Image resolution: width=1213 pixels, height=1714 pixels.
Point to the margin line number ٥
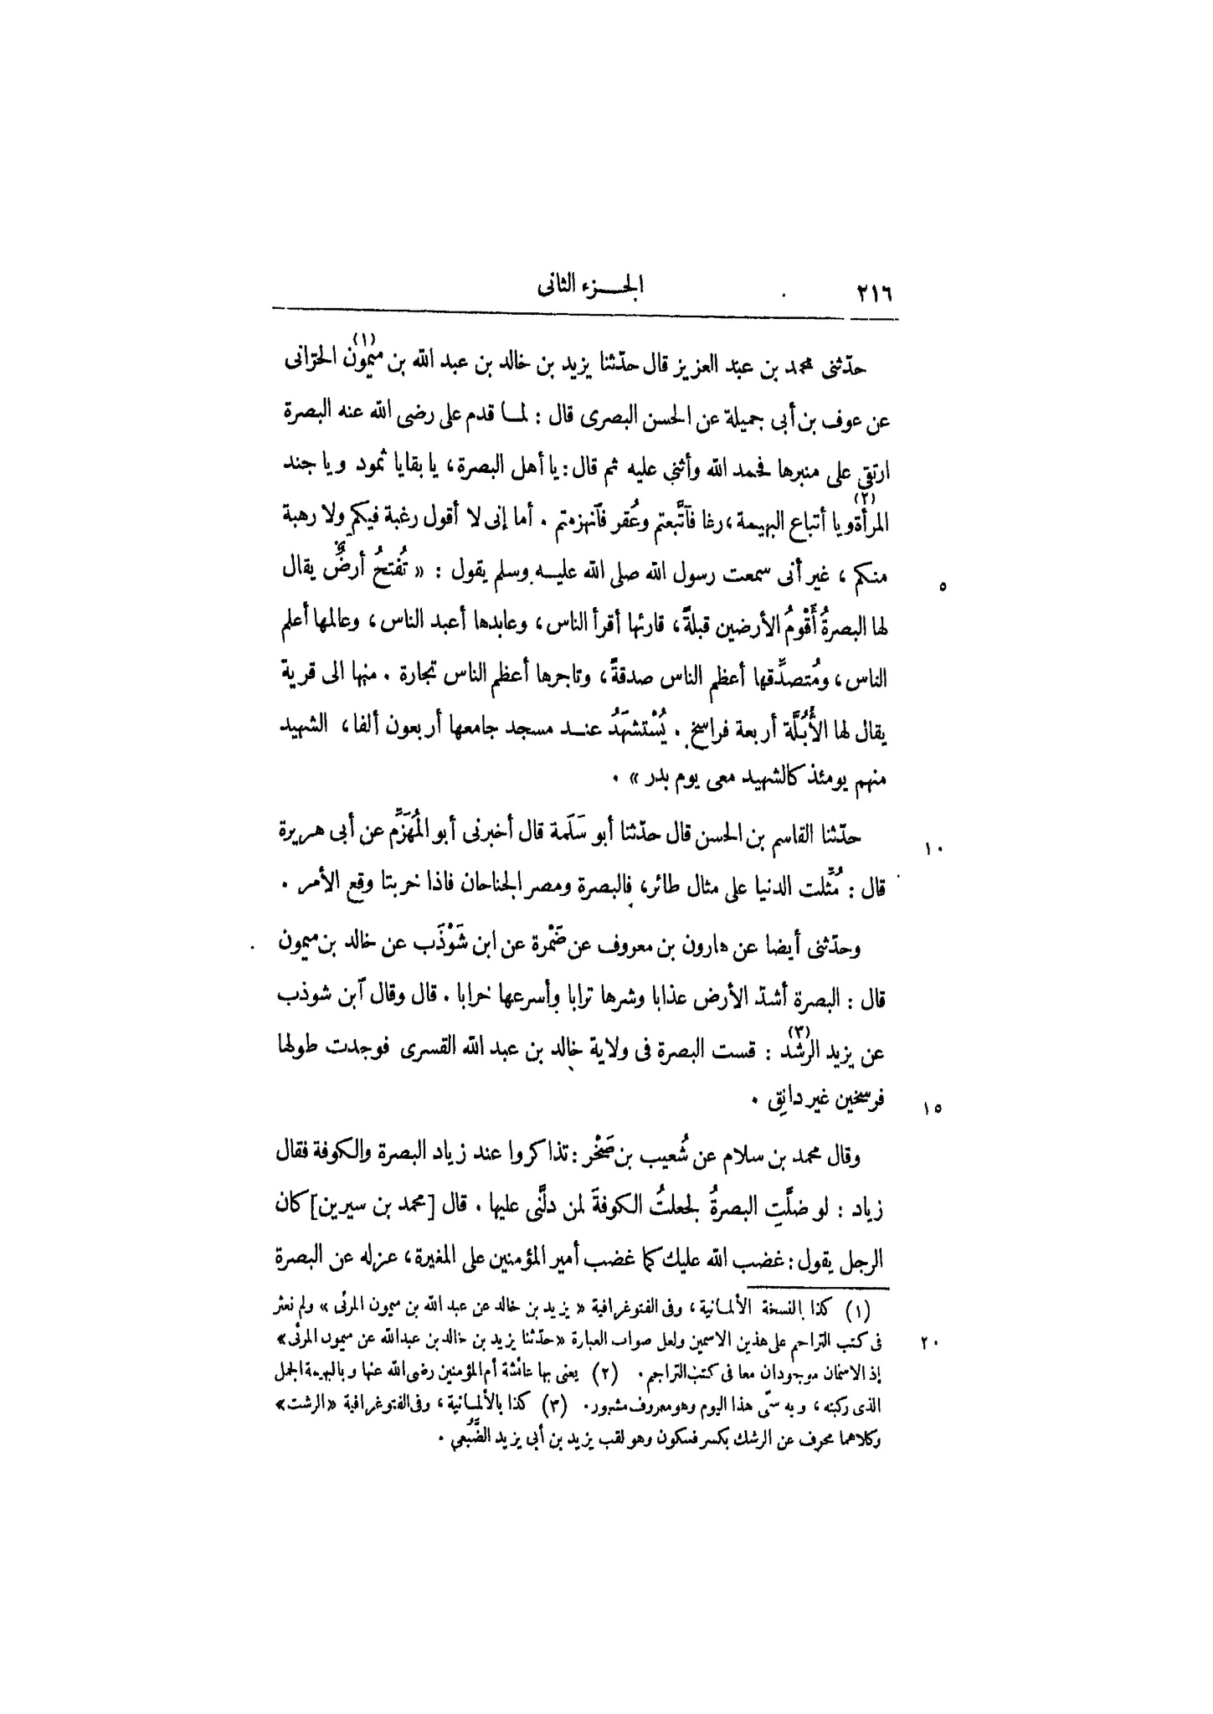point(942,588)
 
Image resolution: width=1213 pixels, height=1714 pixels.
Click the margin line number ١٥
point(934,1109)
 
